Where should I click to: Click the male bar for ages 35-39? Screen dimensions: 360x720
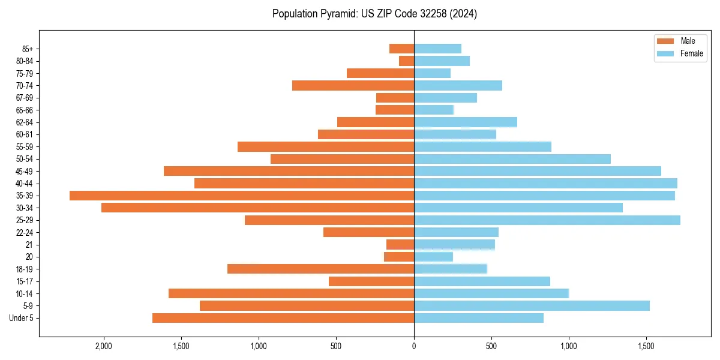(x=242, y=196)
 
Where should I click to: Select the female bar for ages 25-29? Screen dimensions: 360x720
(x=547, y=220)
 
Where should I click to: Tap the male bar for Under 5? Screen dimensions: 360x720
(x=283, y=318)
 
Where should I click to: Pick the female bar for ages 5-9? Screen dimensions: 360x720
(x=532, y=305)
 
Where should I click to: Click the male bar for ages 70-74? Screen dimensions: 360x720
(x=353, y=86)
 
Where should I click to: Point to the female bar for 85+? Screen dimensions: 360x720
(x=437, y=49)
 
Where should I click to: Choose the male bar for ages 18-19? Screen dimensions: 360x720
(x=320, y=269)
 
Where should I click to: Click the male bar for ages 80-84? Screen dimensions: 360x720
(x=407, y=61)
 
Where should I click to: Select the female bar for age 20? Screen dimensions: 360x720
(x=433, y=257)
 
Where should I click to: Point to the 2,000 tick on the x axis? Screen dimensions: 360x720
(x=104, y=346)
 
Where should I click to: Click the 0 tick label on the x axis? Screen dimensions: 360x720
(x=414, y=346)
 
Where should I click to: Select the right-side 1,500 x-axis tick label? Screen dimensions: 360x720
(x=646, y=346)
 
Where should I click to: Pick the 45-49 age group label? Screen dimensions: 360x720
(x=25, y=172)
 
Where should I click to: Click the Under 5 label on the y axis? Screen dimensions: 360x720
(x=22, y=318)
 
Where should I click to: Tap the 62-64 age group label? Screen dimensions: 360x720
(x=25, y=122)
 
